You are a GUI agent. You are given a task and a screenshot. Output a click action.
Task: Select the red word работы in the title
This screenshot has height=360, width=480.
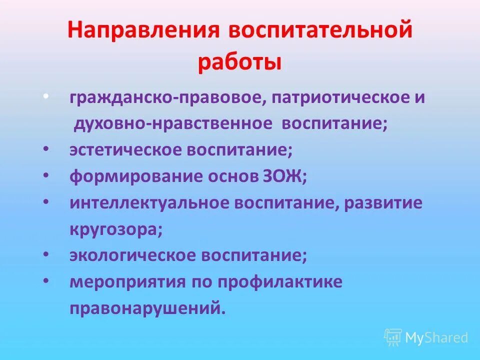[x=239, y=63]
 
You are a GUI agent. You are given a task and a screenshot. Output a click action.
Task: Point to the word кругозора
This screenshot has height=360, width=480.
[x=116, y=229]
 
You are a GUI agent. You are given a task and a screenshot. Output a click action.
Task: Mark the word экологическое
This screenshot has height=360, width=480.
[x=132, y=255]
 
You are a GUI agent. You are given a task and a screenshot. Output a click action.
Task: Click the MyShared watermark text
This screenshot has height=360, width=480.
[x=436, y=337]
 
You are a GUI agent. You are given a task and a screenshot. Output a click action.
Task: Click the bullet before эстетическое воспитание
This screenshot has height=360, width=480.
[x=46, y=149]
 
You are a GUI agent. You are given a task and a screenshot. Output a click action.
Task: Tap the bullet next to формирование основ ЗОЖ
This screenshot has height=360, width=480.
[x=46, y=176]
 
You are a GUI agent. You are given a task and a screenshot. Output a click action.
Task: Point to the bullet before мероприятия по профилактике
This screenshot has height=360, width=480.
[x=46, y=281]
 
